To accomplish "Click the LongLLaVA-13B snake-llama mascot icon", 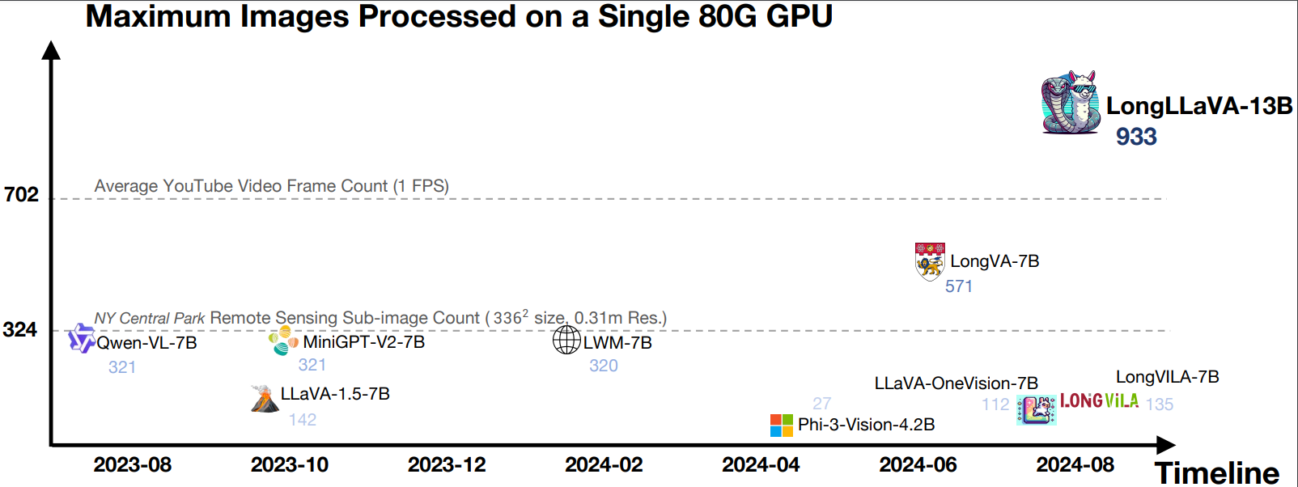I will click(x=1071, y=102).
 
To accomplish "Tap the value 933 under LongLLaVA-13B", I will click(x=1136, y=137).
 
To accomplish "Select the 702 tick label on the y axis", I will click(x=21, y=194).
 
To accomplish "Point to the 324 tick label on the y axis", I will click(x=20, y=329).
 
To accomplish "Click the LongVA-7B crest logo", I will click(x=930, y=261).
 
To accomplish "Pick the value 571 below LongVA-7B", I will click(x=959, y=286).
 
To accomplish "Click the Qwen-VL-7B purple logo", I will click(x=81, y=338).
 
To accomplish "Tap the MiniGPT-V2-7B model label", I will click(x=363, y=342).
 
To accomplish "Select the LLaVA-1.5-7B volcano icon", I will click(x=264, y=398).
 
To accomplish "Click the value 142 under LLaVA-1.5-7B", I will click(x=303, y=420).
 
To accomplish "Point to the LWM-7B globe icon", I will click(x=566, y=340).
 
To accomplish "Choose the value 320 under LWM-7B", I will click(x=604, y=366).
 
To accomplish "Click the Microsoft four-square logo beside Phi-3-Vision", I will click(x=782, y=425).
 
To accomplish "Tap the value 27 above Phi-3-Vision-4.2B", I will click(x=822, y=403).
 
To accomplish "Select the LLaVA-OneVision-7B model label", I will click(x=956, y=383).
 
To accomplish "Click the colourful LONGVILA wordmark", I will click(x=1099, y=401).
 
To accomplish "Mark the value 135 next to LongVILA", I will click(x=1160, y=404).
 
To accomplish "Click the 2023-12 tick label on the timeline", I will click(x=447, y=465).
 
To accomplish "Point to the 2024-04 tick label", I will click(x=761, y=465).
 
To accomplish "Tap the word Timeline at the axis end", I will click(x=1216, y=472).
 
